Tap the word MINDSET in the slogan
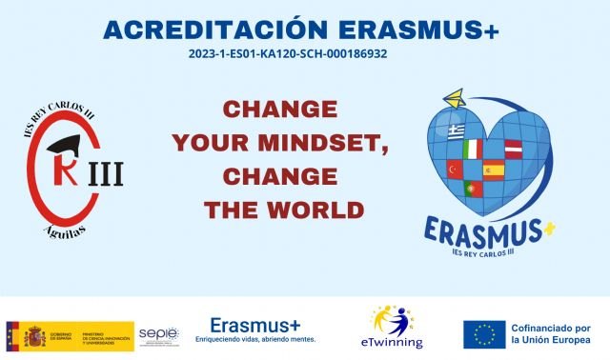coord(305,143)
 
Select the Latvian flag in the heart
coord(513,149)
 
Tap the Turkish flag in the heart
coord(456,169)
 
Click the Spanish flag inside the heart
coord(493,170)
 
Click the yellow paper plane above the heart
coord(455,99)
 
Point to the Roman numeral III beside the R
coord(106,175)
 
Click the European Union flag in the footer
coord(484,334)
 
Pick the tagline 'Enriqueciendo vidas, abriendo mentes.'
coord(254,339)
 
